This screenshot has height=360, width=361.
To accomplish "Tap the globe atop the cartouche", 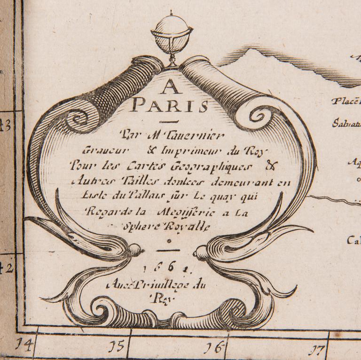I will tap(172, 37).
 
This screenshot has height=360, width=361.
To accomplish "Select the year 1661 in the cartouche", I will tap(170, 268).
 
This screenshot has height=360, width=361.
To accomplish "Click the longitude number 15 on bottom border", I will tap(116, 347).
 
